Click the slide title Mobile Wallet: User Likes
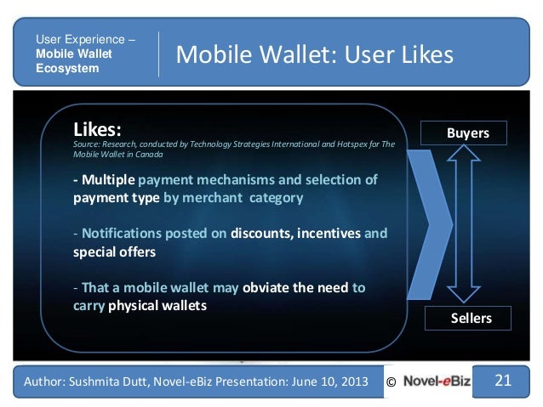point(314,55)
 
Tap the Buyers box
point(467,133)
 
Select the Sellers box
point(470,318)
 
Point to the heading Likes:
point(98,130)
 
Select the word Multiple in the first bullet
point(106,181)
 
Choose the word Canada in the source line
point(149,155)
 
